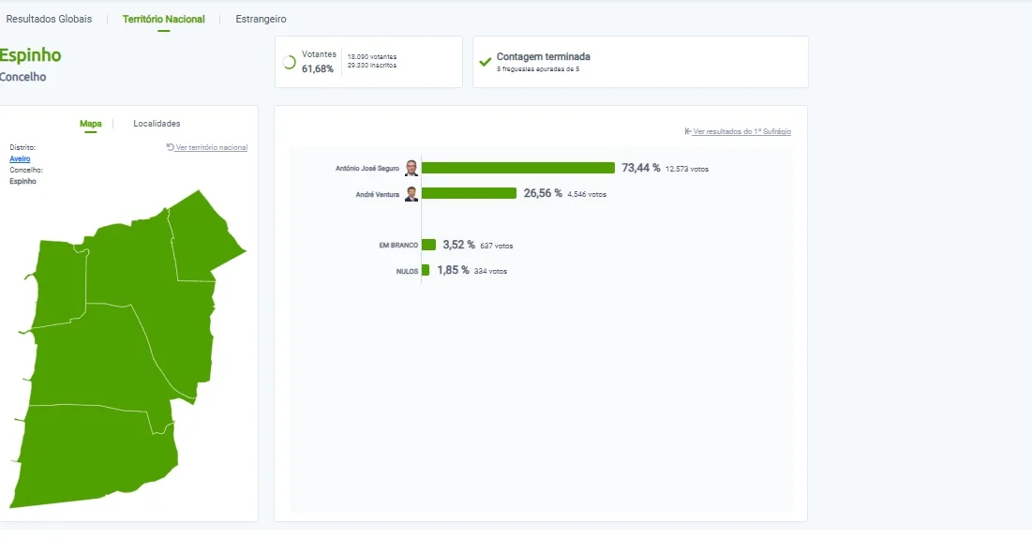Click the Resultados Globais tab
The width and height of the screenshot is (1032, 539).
[x=49, y=19]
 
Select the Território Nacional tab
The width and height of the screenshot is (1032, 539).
[x=163, y=19]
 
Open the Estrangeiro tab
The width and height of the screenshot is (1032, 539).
[x=261, y=19]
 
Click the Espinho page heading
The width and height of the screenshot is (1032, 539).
[x=30, y=55]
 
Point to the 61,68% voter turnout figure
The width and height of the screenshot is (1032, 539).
[x=317, y=68]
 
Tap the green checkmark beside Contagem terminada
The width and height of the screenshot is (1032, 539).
[x=485, y=62]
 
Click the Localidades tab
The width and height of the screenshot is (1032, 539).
[x=157, y=124]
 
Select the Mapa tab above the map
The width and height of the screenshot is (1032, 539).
[x=90, y=124]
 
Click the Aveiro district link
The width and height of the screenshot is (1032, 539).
[x=20, y=158]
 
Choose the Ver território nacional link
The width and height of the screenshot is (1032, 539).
[x=206, y=147]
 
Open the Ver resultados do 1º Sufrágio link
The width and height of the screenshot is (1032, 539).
[x=738, y=131]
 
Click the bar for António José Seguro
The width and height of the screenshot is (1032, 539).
[x=518, y=168]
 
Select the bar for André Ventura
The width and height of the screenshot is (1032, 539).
[x=469, y=193]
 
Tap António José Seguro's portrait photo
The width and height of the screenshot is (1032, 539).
[x=411, y=168]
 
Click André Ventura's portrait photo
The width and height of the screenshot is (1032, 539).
[x=411, y=193]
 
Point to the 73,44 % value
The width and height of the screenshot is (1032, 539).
[x=640, y=168]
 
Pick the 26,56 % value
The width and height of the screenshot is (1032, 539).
[x=543, y=193]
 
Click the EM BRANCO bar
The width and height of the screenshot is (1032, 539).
[x=428, y=245]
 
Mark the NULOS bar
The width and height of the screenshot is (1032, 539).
[x=426, y=270]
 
